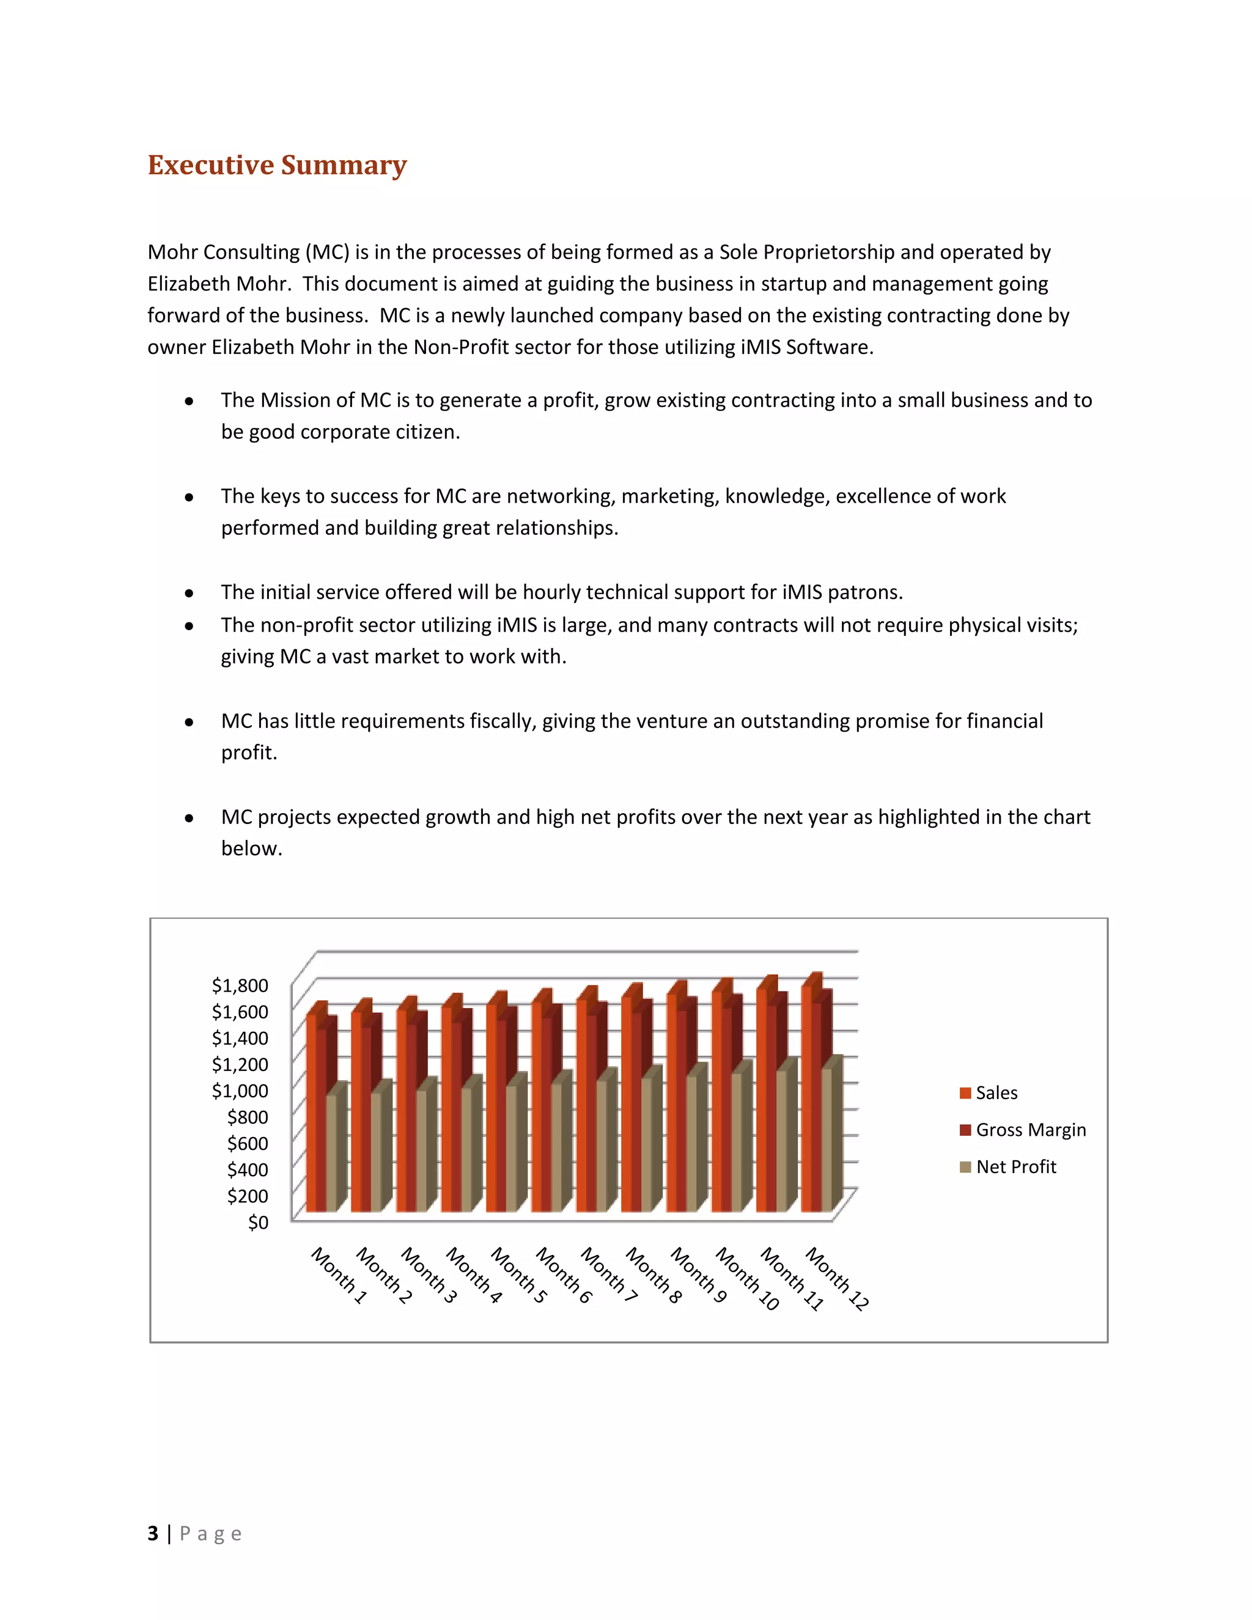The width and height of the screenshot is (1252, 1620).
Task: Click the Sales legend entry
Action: [x=995, y=1092]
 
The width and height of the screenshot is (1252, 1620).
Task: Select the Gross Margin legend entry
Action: [x=1029, y=1130]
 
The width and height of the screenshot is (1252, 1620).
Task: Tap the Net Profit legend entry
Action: [x=1015, y=1167]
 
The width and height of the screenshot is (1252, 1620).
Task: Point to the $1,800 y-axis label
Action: [x=240, y=985]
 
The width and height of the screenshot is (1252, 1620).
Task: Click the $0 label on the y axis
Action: [x=257, y=1221]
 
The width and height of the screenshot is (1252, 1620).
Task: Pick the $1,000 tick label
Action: [x=240, y=1091]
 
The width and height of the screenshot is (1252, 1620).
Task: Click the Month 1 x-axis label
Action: [x=339, y=1275]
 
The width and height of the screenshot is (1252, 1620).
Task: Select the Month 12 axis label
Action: [x=837, y=1278]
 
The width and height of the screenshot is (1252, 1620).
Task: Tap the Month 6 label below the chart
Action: [x=564, y=1275]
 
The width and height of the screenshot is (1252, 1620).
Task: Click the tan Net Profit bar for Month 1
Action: [x=331, y=1154]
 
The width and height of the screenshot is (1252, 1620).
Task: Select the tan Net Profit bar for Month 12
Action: [x=827, y=1139]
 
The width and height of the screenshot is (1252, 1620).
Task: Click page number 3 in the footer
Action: [x=153, y=1533]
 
